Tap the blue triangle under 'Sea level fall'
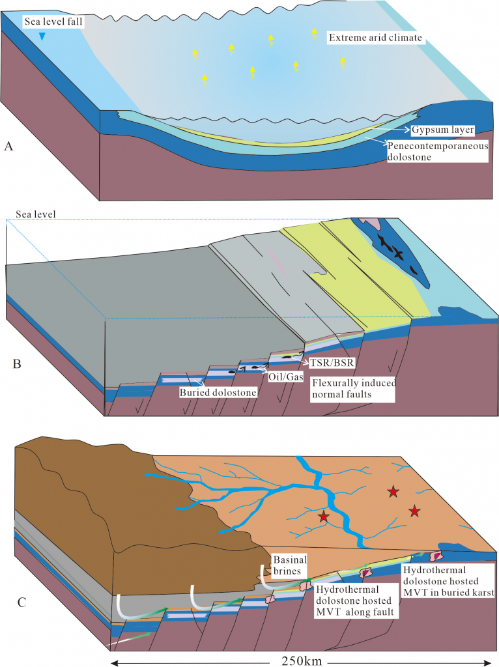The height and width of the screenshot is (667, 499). pyautogui.click(x=42, y=37)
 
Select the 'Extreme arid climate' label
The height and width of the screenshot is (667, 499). pyautogui.click(x=377, y=38)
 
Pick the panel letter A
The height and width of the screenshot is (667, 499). pyautogui.click(x=8, y=147)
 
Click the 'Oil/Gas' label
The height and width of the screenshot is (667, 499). pyautogui.click(x=285, y=376)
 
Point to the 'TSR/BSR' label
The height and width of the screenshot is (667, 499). pyautogui.click(x=329, y=358)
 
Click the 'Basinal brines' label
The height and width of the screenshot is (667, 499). pyautogui.click(x=289, y=564)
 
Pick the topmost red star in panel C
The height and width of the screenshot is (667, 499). pyautogui.click(x=393, y=492)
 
